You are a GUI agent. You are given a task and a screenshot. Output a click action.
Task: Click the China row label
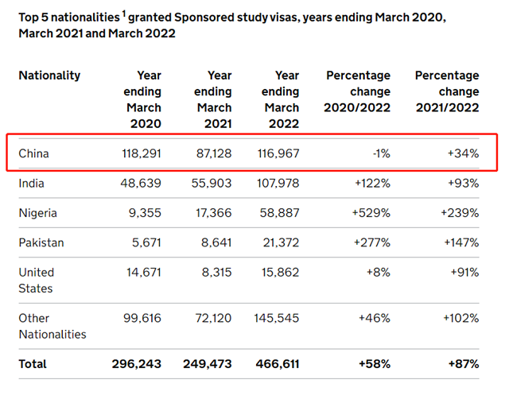tap(33, 153)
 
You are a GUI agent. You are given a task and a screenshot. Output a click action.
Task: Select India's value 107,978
tap(275, 183)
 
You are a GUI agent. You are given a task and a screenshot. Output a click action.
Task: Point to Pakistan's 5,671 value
tap(143, 242)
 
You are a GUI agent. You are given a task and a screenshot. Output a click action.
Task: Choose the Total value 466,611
tap(275, 363)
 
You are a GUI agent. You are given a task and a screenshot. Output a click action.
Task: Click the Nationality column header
tap(49, 76)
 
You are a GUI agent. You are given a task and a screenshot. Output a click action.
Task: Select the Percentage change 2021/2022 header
tap(447, 91)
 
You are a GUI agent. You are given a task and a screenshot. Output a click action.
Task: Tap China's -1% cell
tap(380, 153)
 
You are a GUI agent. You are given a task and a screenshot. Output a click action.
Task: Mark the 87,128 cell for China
tap(208, 153)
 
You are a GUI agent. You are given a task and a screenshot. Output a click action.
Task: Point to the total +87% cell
tap(462, 363)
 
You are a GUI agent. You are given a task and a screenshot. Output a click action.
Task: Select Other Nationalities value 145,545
tap(275, 318)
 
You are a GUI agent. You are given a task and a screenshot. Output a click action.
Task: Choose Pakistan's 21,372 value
tap(278, 242)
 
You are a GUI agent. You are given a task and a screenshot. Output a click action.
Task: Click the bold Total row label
tap(33, 363)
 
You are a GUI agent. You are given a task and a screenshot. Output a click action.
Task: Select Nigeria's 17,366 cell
tap(210, 213)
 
